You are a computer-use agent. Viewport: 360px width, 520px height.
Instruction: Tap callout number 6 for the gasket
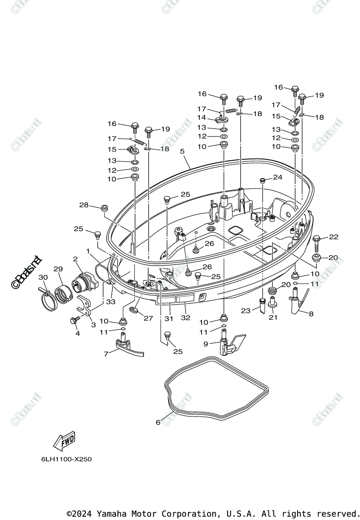(158, 422)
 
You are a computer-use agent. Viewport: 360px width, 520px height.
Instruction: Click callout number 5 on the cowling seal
(182, 151)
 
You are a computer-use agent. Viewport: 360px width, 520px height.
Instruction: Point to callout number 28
(84, 205)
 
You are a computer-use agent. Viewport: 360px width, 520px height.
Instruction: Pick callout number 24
(277, 177)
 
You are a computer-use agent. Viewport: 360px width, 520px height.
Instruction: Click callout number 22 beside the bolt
(333, 237)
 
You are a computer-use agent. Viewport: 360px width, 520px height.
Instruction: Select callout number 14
(202, 117)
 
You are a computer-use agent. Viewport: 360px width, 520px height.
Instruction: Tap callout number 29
(58, 269)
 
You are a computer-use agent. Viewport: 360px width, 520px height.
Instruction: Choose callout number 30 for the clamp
(43, 277)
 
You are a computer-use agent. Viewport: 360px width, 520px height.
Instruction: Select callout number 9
(206, 344)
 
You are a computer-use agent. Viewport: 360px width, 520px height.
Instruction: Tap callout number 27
(149, 318)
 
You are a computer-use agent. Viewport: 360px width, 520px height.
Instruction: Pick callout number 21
(272, 317)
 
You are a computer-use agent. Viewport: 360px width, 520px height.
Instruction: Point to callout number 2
(75, 259)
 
